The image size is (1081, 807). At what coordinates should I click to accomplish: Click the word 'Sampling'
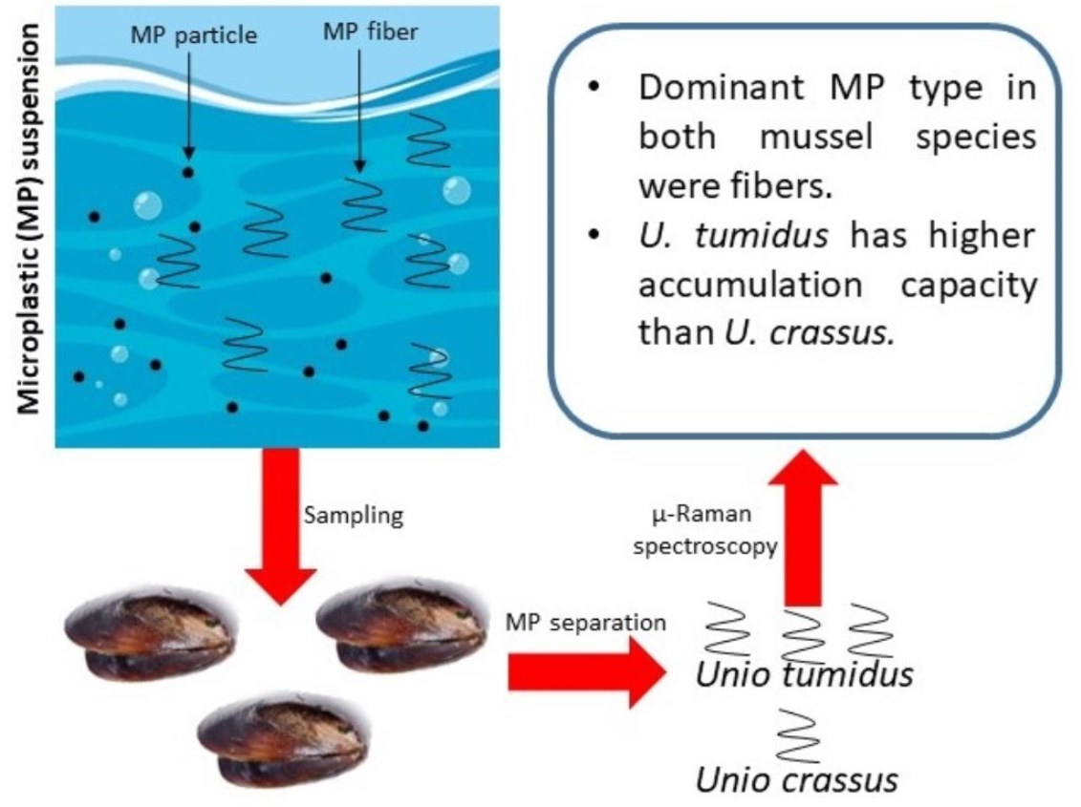point(353,516)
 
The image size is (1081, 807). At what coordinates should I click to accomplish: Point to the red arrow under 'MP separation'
point(584,671)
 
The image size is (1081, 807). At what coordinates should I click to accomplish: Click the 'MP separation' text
point(585,623)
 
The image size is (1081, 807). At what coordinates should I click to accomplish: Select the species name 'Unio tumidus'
point(804,675)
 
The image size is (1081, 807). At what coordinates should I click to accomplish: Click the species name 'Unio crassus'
point(796,780)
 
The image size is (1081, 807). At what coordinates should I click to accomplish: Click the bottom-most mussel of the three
point(283,736)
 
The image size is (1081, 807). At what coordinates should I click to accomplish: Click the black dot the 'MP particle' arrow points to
point(188,172)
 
